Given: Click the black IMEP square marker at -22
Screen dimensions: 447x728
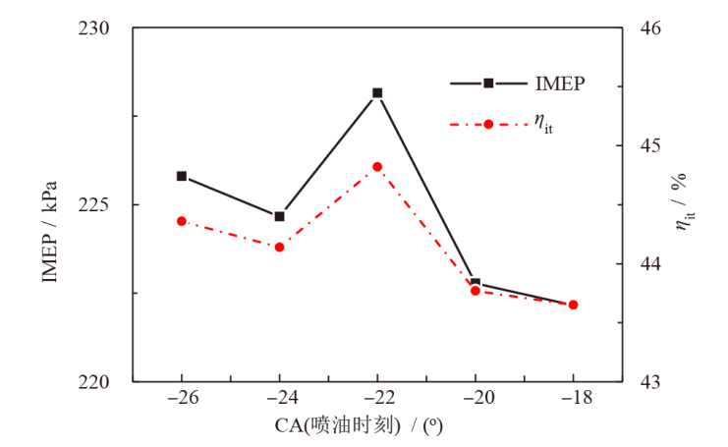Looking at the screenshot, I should tap(377, 92).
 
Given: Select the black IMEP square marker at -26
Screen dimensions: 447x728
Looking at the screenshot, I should tap(182, 176).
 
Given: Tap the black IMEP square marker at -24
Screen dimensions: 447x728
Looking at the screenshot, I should tap(279, 216).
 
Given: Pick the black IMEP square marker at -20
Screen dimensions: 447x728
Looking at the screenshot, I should tap(476, 283).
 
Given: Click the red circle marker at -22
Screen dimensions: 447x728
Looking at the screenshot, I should tap(377, 167).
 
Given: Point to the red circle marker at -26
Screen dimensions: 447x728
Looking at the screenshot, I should tap(182, 221).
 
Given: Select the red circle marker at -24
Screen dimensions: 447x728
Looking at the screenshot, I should tap(279, 247).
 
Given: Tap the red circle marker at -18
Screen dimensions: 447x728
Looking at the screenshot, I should tap(573, 305).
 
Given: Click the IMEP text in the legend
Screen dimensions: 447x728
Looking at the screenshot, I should tap(561, 84).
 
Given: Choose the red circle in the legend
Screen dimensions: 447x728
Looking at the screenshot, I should tap(488, 124).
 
